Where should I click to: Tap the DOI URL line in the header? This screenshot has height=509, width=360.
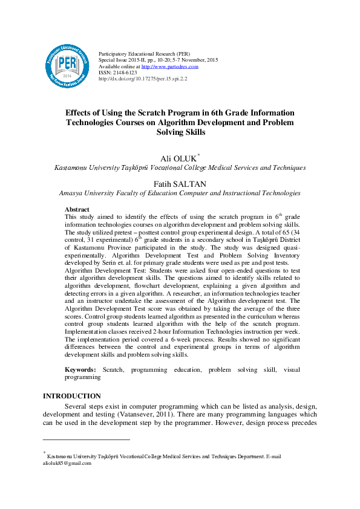142,79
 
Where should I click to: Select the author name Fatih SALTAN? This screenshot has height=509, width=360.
180,184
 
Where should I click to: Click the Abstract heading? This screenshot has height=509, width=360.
77,210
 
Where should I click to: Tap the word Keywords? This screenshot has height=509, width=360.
80,369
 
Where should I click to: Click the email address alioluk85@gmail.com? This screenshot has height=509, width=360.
67,464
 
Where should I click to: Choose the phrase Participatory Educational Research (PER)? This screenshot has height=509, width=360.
140,54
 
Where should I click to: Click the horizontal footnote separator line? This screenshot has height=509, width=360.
86,439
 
